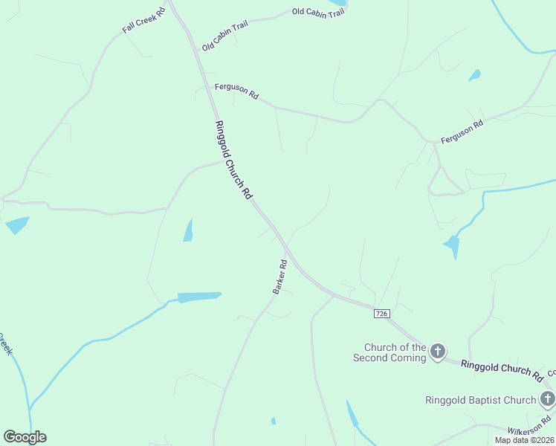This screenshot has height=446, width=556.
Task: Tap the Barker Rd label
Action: point(280,276)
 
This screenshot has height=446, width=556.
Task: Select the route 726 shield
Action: point(381,314)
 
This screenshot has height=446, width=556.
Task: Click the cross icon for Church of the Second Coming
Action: point(438,351)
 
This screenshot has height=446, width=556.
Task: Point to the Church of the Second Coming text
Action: point(395,352)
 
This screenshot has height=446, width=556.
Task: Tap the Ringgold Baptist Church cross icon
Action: point(548,400)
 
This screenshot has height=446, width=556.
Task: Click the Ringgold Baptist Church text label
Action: point(480,400)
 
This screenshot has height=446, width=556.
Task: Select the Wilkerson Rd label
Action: point(531,430)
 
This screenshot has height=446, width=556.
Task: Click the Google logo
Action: point(25,437)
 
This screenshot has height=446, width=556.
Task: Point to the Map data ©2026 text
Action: point(524,440)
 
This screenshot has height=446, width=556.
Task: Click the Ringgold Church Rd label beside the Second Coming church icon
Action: point(502,368)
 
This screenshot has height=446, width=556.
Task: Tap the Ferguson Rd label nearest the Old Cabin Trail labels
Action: point(236,91)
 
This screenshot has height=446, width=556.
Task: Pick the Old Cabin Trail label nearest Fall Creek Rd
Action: point(224,36)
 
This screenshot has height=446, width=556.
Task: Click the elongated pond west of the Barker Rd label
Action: point(199,297)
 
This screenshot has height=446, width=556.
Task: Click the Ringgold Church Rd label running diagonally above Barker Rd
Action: point(233,159)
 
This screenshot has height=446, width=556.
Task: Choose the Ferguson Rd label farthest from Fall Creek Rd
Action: point(462,132)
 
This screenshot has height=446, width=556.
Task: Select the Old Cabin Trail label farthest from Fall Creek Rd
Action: point(318,12)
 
